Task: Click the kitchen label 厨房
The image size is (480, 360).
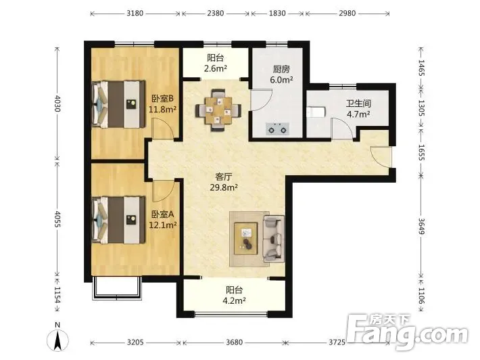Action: (x=281, y=69)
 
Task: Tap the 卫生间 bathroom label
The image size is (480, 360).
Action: (x=358, y=104)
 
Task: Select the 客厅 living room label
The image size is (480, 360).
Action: (x=224, y=177)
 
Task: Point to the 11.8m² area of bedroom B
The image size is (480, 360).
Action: (x=162, y=109)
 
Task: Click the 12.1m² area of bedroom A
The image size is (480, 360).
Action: (x=162, y=225)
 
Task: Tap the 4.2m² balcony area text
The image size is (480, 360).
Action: (x=234, y=300)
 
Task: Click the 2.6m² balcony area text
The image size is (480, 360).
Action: (x=216, y=68)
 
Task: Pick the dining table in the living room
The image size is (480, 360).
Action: (x=218, y=110)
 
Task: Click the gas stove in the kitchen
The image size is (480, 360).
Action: (x=278, y=129)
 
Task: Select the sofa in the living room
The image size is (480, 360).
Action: (x=274, y=239)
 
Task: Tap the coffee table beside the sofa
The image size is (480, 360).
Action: (x=246, y=239)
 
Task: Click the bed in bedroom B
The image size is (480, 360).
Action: (x=118, y=104)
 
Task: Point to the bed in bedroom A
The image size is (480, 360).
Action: (x=118, y=220)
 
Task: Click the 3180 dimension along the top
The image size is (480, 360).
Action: (x=135, y=13)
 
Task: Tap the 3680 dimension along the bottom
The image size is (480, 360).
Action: (x=234, y=342)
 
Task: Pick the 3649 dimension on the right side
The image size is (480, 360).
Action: (x=421, y=226)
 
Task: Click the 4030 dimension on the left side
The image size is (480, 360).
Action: (x=57, y=104)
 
